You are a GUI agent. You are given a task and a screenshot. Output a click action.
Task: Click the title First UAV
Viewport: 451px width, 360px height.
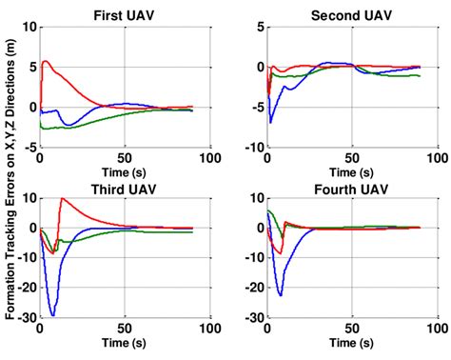coord(123,15)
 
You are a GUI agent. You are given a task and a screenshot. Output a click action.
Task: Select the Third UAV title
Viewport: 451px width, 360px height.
coord(123,189)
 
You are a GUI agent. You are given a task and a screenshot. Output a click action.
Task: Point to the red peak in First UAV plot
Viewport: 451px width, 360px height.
coord(46,62)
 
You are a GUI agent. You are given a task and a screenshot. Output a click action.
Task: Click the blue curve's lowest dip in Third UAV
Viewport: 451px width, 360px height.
coord(52,315)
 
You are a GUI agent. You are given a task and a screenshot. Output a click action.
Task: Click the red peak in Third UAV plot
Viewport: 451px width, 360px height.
coord(62,198)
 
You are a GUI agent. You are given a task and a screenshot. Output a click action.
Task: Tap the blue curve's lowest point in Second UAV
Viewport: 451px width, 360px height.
coord(271,123)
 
